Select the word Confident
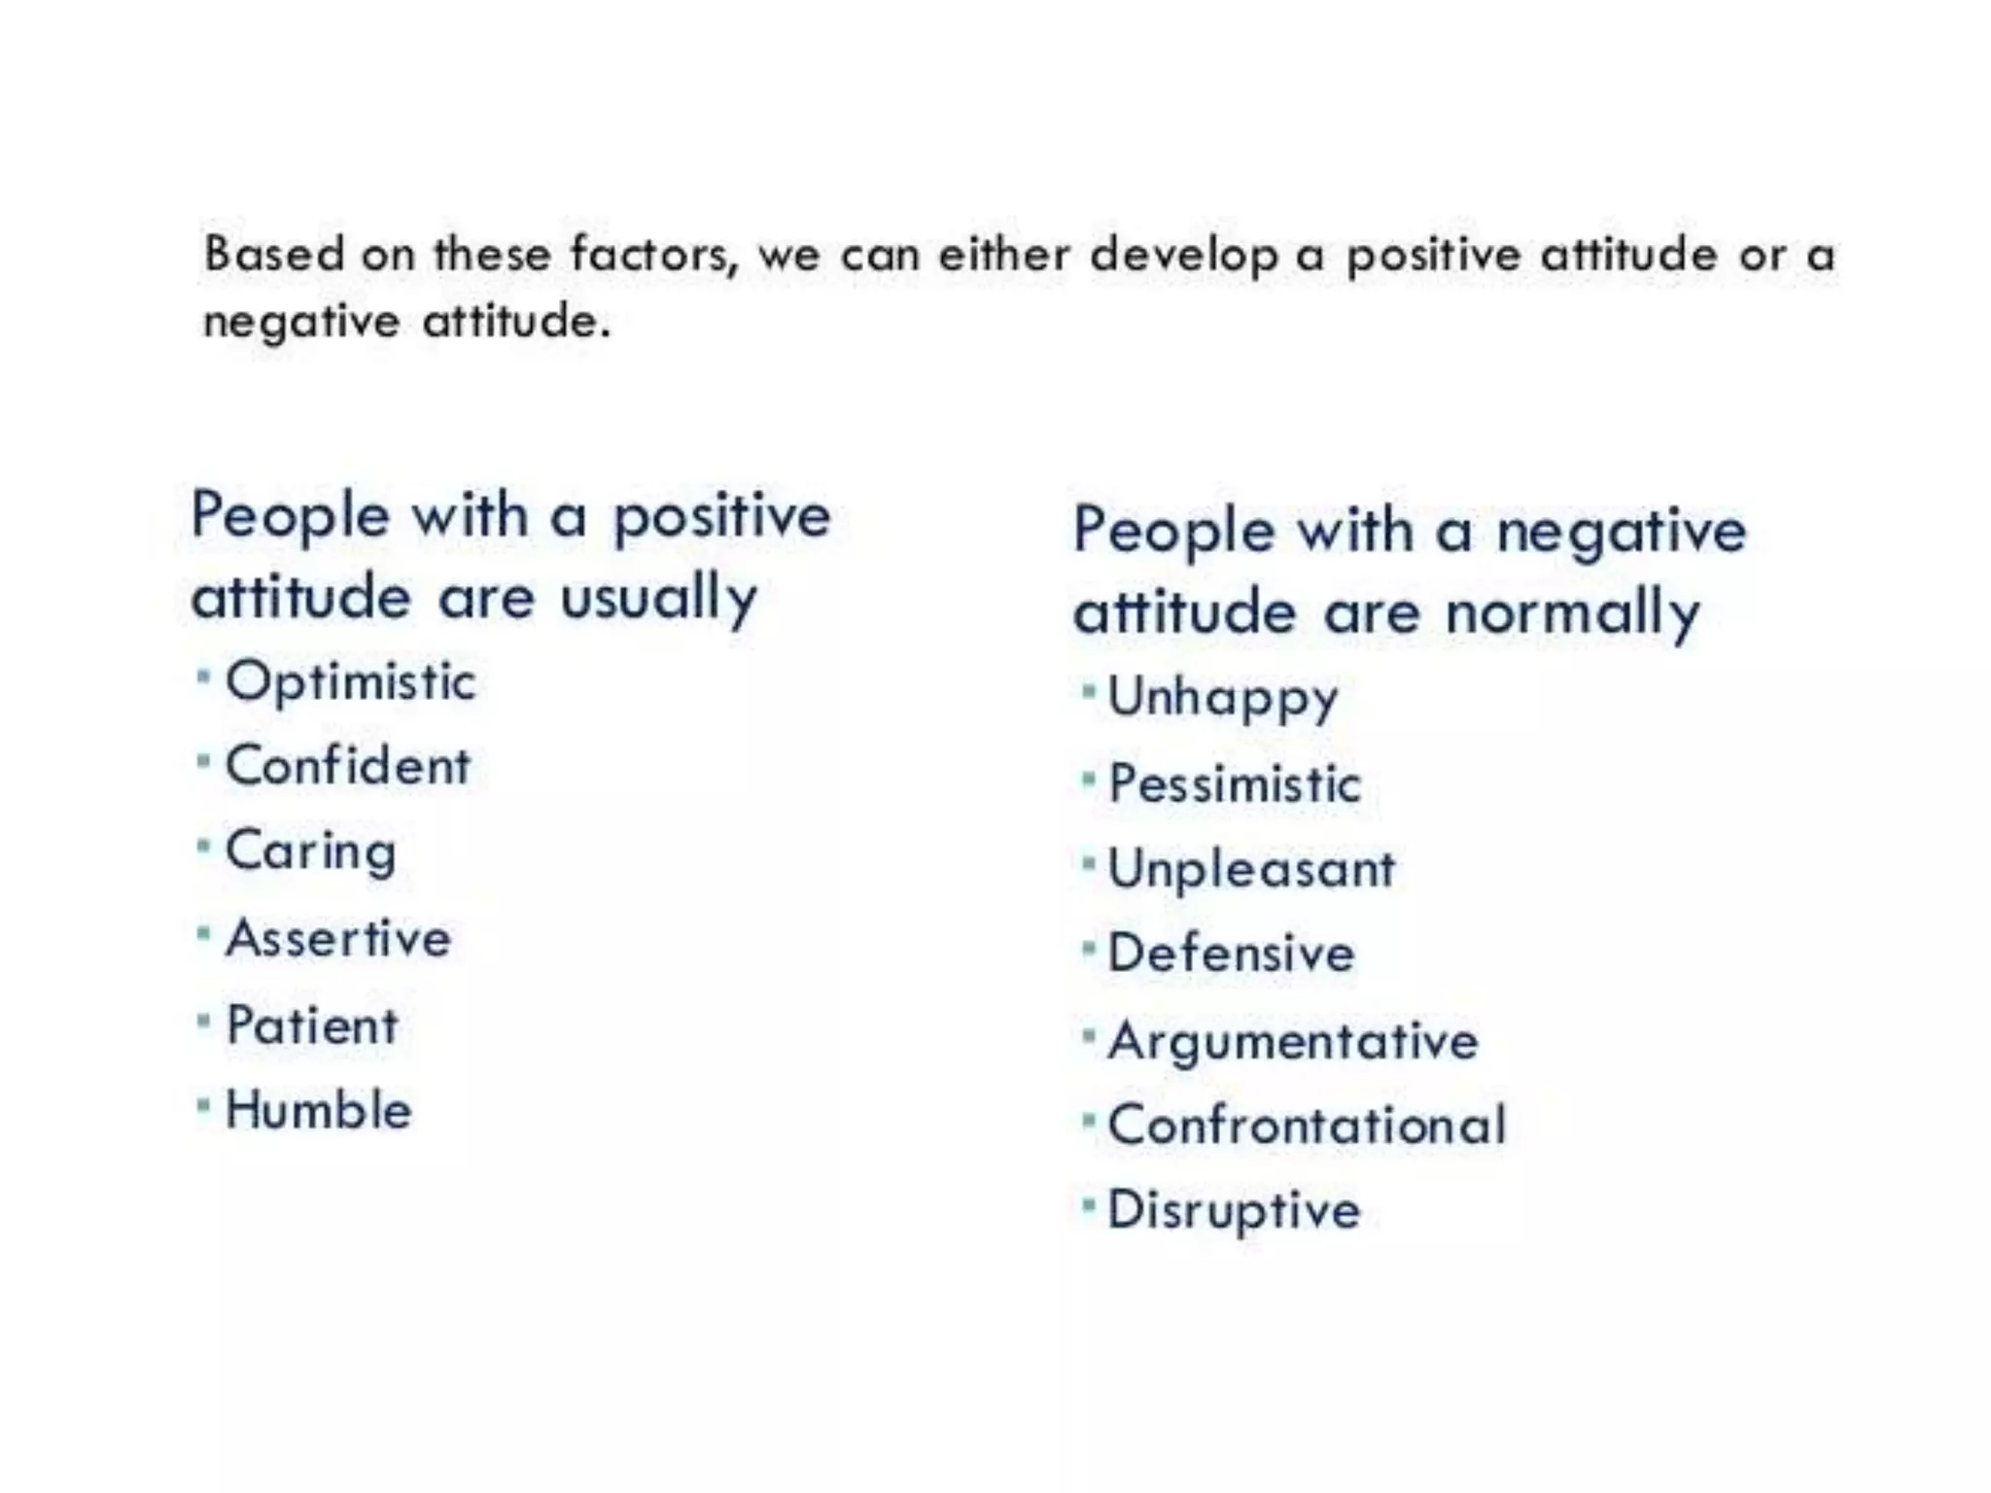coord(348,766)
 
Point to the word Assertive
coord(338,939)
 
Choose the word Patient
coord(312,1025)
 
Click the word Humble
coord(319,1110)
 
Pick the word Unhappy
coord(1223,698)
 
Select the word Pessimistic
coord(1235,784)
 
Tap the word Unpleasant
coord(1251,869)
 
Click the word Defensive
coord(1231,954)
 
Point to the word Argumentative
coord(1293,1041)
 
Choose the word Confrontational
coord(1307,1126)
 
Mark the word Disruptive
coord(1234,1211)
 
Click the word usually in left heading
coord(658,598)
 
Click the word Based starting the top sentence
coord(274,255)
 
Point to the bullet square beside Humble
coord(203,1106)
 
